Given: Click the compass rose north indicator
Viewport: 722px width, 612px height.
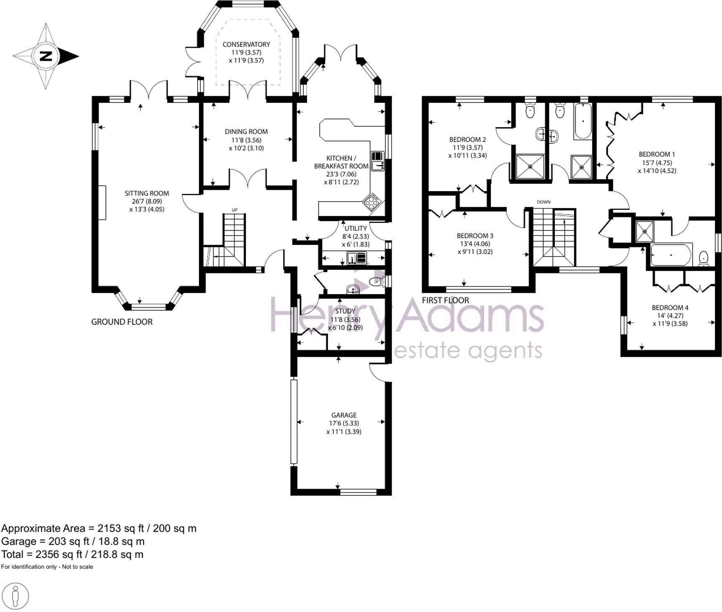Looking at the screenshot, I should [46, 56].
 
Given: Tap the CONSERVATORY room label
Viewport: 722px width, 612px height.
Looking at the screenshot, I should [246, 44].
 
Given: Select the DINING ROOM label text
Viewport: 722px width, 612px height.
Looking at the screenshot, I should [246, 132].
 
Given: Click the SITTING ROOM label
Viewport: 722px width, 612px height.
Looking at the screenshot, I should [147, 193].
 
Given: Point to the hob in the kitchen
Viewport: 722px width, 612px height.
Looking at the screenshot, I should [371, 202].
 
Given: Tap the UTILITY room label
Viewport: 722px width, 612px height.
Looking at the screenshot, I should [355, 228].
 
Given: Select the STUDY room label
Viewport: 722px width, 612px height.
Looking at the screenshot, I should [345, 311].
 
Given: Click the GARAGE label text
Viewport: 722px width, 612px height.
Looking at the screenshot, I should [343, 415].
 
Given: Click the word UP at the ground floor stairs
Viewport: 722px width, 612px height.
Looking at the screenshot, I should [234, 209].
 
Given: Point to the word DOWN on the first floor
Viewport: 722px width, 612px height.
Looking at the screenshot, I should [544, 202].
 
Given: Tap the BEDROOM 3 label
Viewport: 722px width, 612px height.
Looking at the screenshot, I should [475, 236].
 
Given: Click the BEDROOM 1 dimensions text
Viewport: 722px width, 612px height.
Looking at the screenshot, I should [656, 167].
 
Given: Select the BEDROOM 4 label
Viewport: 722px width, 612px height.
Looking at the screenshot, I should [670, 308].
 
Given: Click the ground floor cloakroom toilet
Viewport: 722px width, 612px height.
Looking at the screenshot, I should [377, 282].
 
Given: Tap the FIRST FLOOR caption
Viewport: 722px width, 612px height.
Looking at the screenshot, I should [445, 300].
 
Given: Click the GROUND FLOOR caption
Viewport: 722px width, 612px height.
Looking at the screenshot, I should [122, 322].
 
